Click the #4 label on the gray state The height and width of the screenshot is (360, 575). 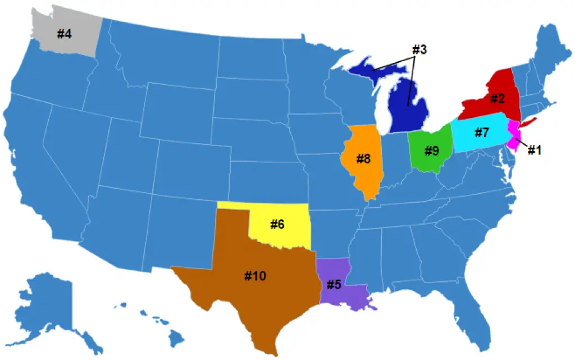64,34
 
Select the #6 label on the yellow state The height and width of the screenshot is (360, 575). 277,224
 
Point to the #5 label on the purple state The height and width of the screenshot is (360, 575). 334,284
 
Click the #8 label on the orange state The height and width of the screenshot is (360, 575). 363,159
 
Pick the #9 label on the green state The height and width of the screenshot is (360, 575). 431,151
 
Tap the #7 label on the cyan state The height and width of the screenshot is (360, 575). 482,133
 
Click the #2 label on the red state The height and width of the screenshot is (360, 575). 497,99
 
